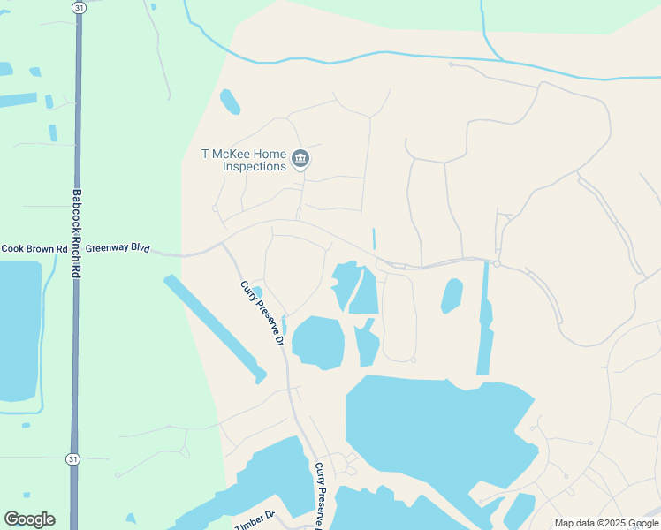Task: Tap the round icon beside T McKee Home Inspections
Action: click(x=300, y=159)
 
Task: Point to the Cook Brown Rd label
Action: click(x=34, y=249)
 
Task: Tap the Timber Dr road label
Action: click(x=256, y=522)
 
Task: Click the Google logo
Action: click(x=29, y=519)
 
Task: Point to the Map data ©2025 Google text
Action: click(x=605, y=523)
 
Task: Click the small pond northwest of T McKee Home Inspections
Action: click(x=230, y=102)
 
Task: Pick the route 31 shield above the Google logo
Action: click(x=72, y=459)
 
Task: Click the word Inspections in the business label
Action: click(x=255, y=166)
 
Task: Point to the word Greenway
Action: click(x=106, y=249)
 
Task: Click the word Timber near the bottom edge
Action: click(x=251, y=525)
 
